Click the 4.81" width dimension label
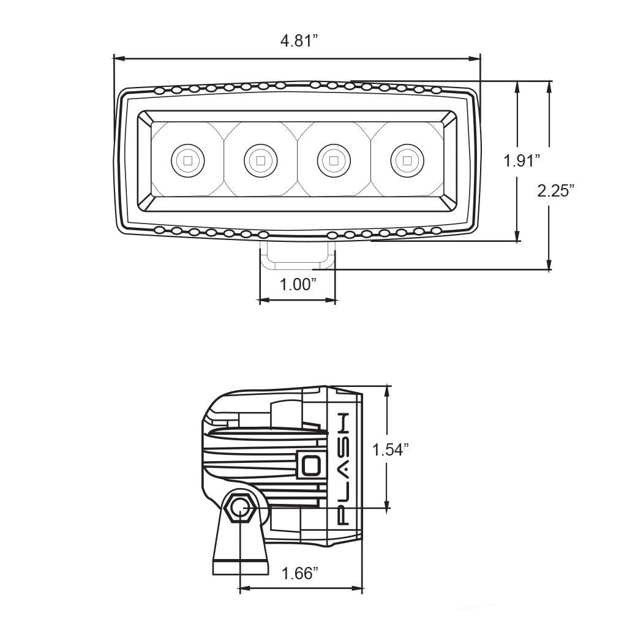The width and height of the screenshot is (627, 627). [x=300, y=42]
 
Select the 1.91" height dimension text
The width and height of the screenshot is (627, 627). [x=522, y=161]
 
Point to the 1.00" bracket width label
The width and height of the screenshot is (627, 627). [x=298, y=285]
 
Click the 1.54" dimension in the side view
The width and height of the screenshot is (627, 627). [x=391, y=450]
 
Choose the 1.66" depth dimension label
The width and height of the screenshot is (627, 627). [x=300, y=574]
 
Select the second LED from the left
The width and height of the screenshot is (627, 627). [x=261, y=161]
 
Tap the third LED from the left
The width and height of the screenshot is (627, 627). [x=334, y=161]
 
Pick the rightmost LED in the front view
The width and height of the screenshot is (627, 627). [x=407, y=161]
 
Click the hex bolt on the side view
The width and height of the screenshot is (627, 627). [x=240, y=508]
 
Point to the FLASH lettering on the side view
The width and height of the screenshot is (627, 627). [x=344, y=468]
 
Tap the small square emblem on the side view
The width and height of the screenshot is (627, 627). [x=311, y=464]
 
